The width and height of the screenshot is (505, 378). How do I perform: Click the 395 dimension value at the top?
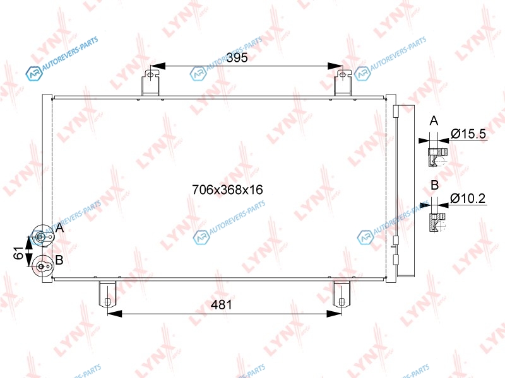[237, 57]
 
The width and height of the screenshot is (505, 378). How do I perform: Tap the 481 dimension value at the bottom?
[222, 304]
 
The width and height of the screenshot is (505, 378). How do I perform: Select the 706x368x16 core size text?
[227, 190]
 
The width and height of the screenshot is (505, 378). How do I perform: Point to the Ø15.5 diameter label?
[468, 134]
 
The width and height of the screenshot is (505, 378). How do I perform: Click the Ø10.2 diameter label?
[468, 198]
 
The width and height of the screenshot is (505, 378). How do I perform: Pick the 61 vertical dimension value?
[19, 253]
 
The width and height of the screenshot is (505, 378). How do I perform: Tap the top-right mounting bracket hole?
[343, 75]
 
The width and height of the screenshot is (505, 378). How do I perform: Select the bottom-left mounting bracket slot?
[107, 302]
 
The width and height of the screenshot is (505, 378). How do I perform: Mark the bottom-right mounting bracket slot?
[342, 302]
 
